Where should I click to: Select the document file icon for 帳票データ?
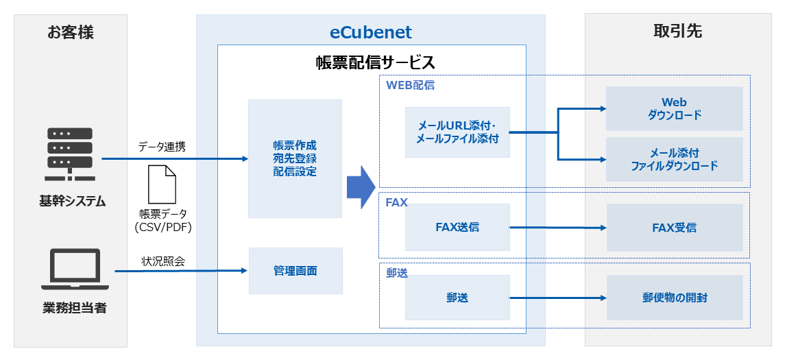(x=162, y=184)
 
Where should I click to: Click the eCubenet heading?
(x=370, y=32)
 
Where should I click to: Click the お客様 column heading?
(x=71, y=32)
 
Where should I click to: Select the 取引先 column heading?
(x=677, y=32)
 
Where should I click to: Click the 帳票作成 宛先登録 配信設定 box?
(x=295, y=158)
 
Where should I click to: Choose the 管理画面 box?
(x=295, y=271)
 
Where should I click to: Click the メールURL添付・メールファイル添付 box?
(x=457, y=132)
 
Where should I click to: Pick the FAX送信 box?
(x=457, y=227)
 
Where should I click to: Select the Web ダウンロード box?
(x=674, y=108)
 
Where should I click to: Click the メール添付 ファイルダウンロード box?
(x=674, y=159)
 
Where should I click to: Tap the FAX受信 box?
(x=674, y=228)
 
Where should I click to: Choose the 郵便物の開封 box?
(x=675, y=298)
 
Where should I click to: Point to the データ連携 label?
(x=162, y=146)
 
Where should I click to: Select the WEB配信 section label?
(x=411, y=86)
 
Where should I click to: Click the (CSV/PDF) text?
(x=163, y=228)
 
